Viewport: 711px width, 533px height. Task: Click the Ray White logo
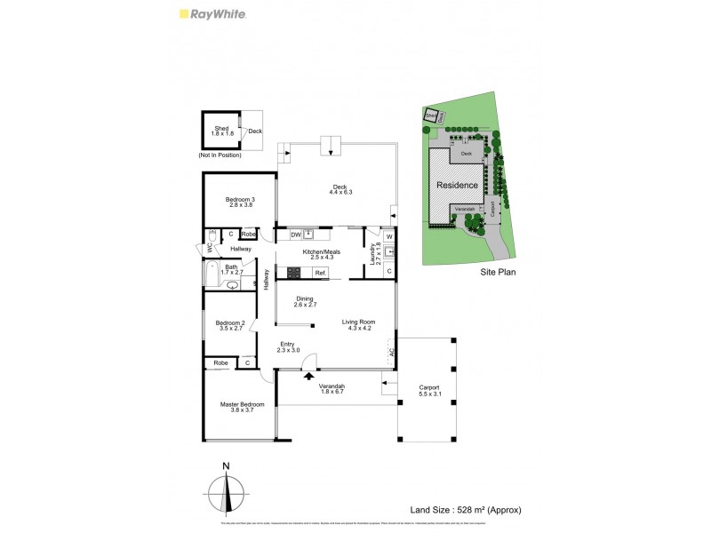pyautogui.click(x=212, y=14)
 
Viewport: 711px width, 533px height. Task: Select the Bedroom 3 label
pyautogui.click(x=240, y=199)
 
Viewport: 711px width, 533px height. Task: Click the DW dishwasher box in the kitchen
pyautogui.click(x=293, y=235)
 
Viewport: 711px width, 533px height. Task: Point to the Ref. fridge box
pyautogui.click(x=319, y=273)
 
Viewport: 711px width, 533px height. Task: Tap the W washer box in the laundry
pyautogui.click(x=388, y=236)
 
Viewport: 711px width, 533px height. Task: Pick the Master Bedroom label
pyautogui.click(x=243, y=404)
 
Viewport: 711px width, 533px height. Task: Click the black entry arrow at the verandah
pyautogui.click(x=309, y=377)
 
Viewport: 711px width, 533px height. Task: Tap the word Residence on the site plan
pyautogui.click(x=457, y=185)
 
